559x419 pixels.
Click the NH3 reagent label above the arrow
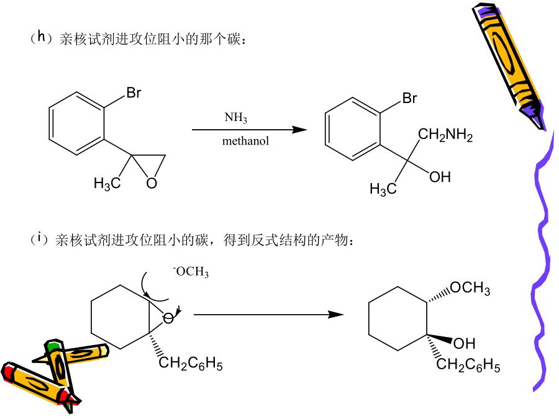point(235,117)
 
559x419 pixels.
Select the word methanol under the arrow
point(245,141)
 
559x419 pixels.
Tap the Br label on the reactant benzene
point(134,92)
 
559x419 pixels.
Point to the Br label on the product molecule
point(410,98)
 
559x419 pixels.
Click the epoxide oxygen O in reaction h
point(152,183)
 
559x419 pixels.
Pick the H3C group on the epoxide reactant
point(107,184)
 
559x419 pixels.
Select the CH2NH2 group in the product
point(445,135)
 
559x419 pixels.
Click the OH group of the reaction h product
point(440,177)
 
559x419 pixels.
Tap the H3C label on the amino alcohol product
point(383,189)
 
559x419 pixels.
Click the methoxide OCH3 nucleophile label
point(191,271)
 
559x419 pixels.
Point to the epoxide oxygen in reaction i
point(168,318)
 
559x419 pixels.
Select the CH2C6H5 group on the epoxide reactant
point(191,363)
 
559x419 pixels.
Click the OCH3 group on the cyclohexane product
point(470,287)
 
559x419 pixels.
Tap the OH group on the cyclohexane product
point(464,343)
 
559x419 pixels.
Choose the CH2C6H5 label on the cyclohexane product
point(468,365)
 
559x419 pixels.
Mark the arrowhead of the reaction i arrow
point(336,315)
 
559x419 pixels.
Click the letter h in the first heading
point(42,37)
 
